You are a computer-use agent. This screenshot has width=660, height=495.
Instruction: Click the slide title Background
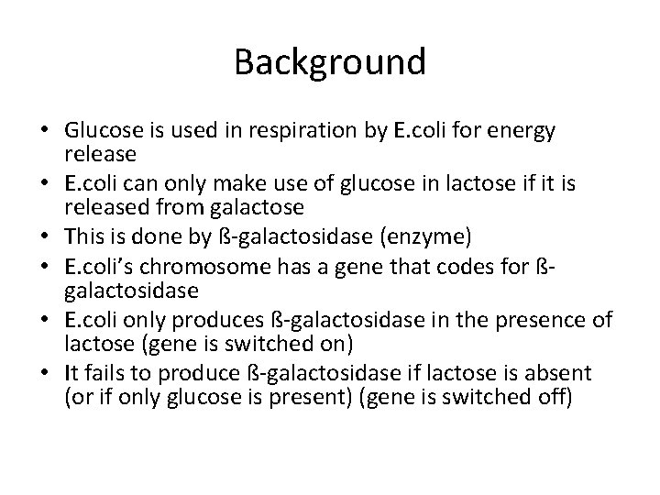pyautogui.click(x=329, y=62)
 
